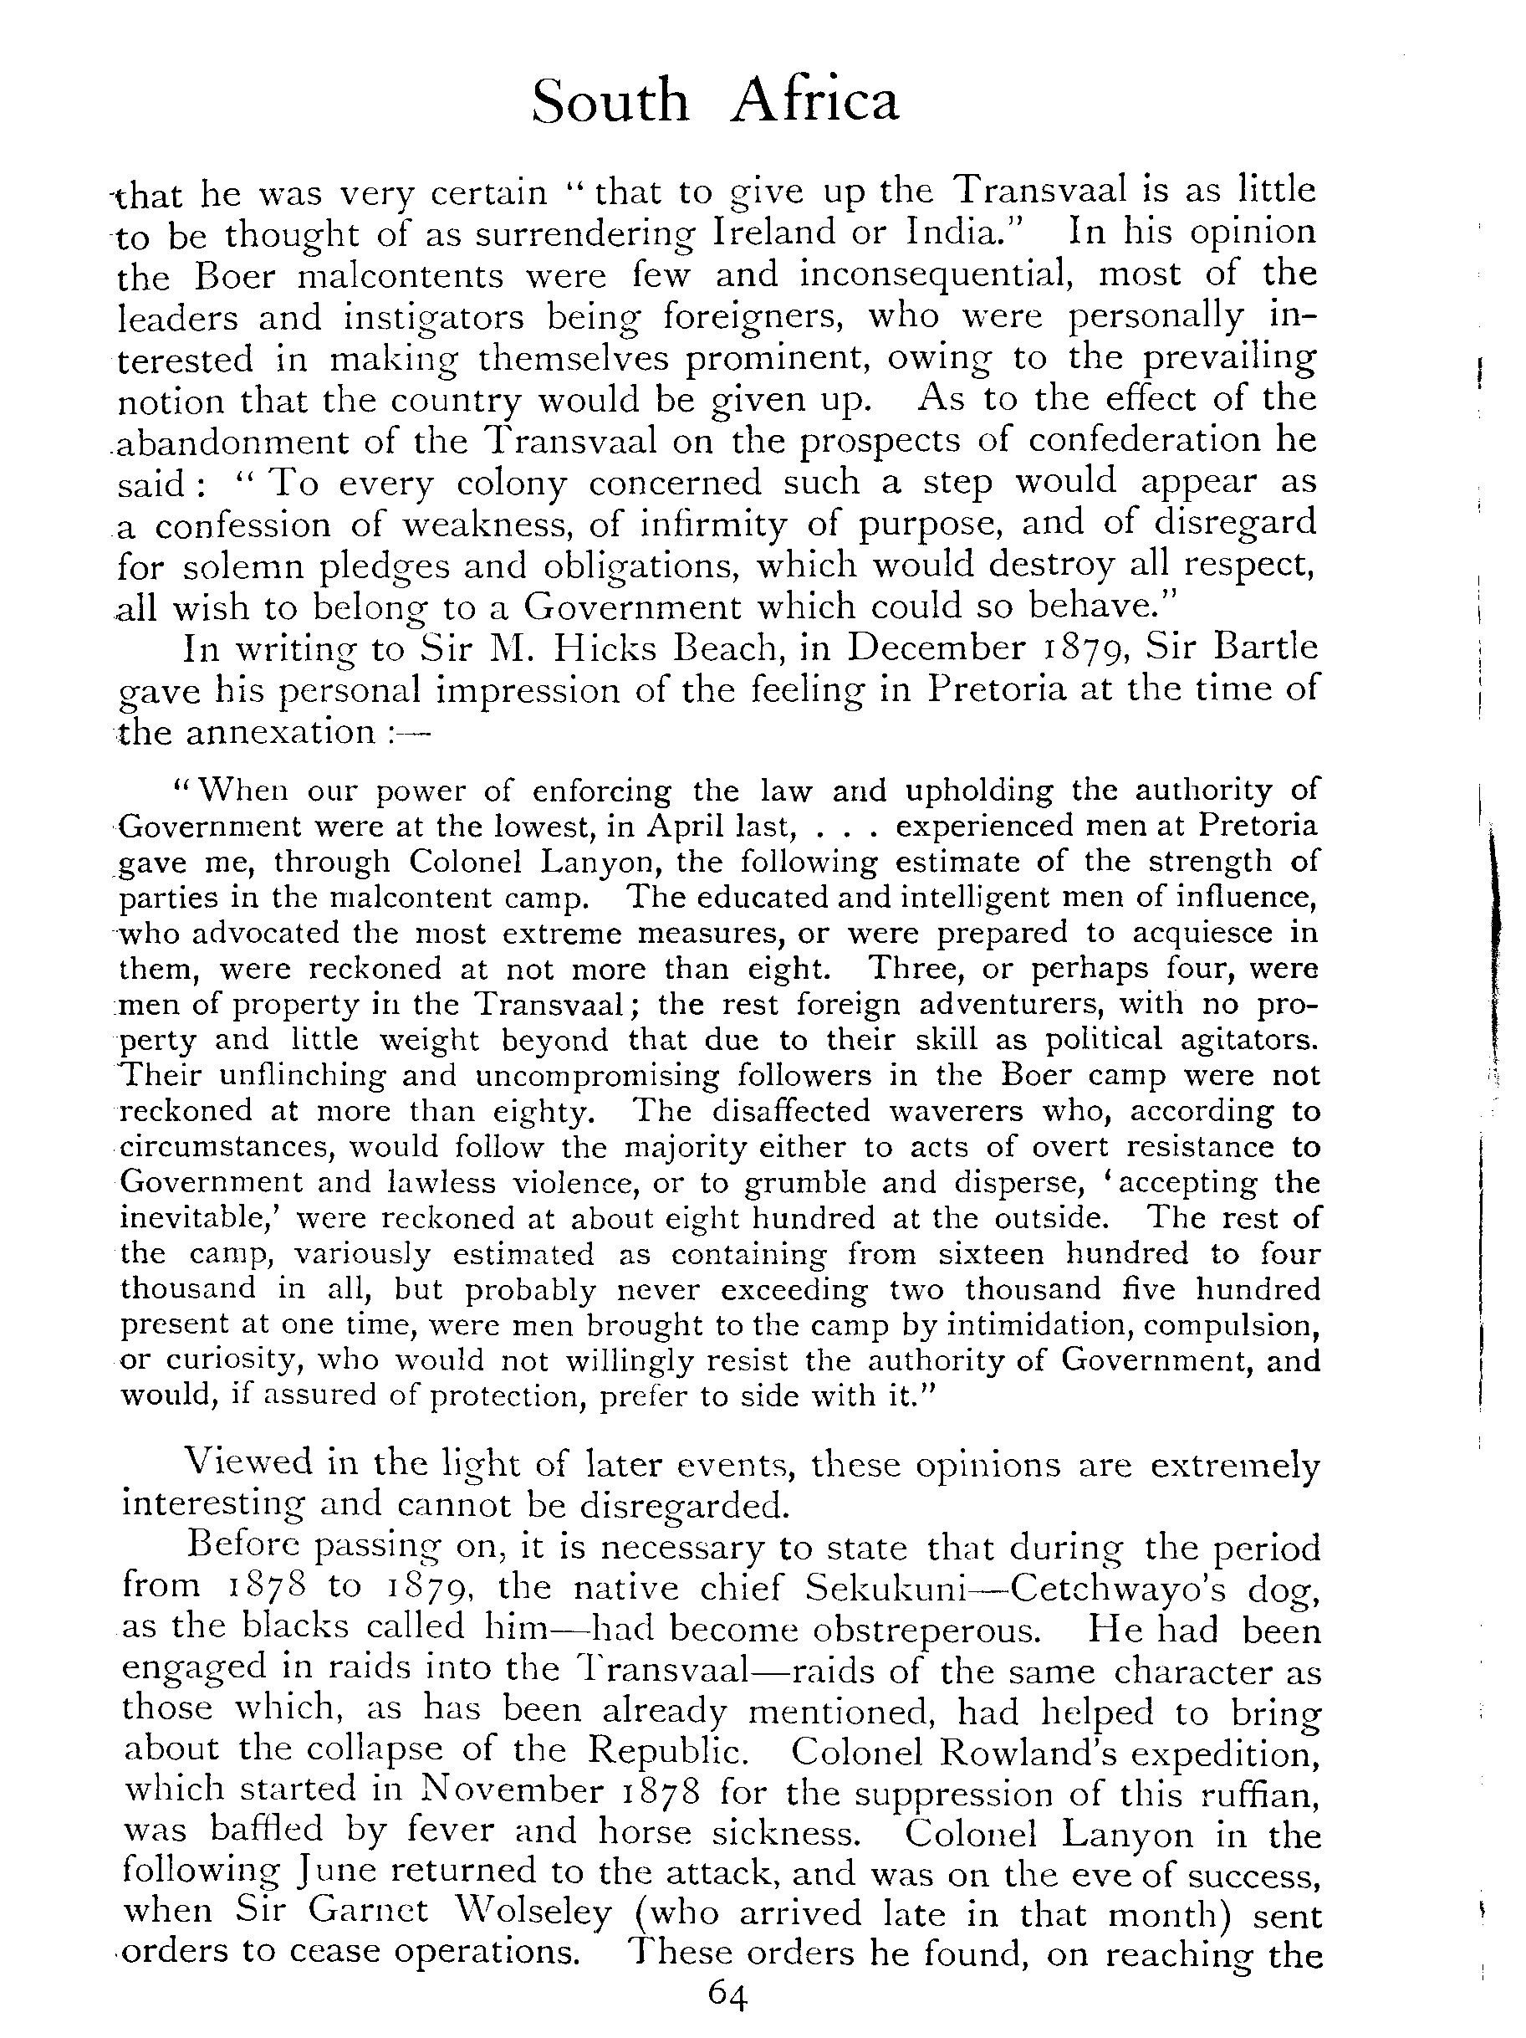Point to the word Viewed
[x=237, y=1463]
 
